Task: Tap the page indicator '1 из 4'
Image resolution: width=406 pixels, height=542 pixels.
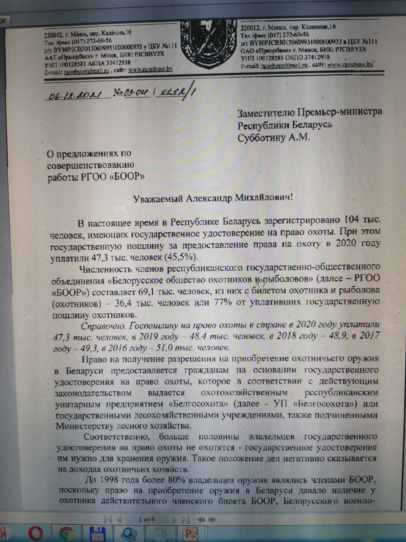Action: coord(146,519)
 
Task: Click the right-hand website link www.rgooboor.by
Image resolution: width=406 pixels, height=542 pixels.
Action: coord(350,64)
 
